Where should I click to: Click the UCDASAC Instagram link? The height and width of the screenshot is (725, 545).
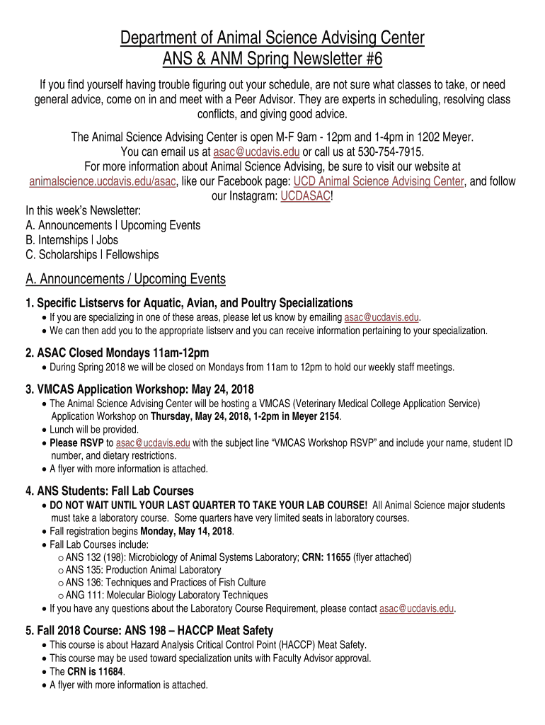(x=305, y=197)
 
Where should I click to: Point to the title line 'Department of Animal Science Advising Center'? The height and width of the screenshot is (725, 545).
(x=272, y=38)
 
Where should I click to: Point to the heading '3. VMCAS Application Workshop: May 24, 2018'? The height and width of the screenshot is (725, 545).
(x=139, y=389)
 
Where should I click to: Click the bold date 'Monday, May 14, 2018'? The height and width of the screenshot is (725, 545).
(x=187, y=532)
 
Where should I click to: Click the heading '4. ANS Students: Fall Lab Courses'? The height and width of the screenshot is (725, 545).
(x=110, y=491)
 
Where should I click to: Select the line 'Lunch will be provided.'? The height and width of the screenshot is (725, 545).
(x=94, y=430)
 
